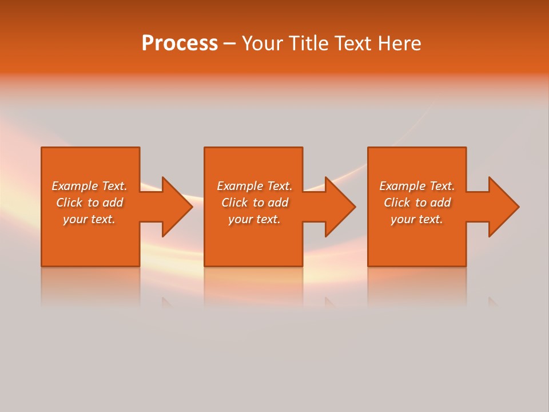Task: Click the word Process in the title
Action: point(180,43)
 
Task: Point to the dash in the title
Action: point(229,44)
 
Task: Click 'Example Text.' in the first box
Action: point(89,186)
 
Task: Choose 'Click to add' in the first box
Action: point(89,203)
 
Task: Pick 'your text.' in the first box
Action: point(89,219)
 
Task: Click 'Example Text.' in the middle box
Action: point(254,186)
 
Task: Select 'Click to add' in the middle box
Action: point(254,203)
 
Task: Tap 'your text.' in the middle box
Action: point(254,219)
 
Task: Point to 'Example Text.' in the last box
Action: point(417,186)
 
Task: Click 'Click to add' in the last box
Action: point(417,203)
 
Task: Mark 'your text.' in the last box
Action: point(417,219)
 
